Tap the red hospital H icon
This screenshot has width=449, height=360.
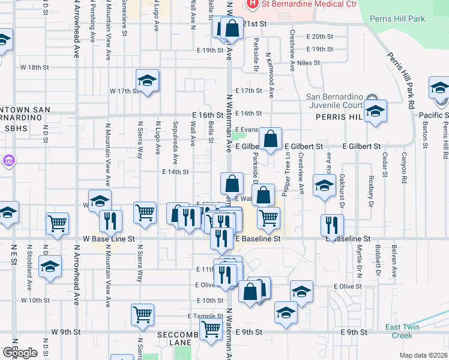pyautogui.click(x=253, y=4)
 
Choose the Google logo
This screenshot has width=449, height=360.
pyautogui.click(x=20, y=353)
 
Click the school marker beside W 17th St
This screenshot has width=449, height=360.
pyautogui.click(x=146, y=81)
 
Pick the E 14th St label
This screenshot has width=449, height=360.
pyautogui.click(x=175, y=172)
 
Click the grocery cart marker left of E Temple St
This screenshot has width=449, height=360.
pyautogui.click(x=143, y=314)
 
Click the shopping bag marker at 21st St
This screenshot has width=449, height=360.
pyautogui.click(x=232, y=28)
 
